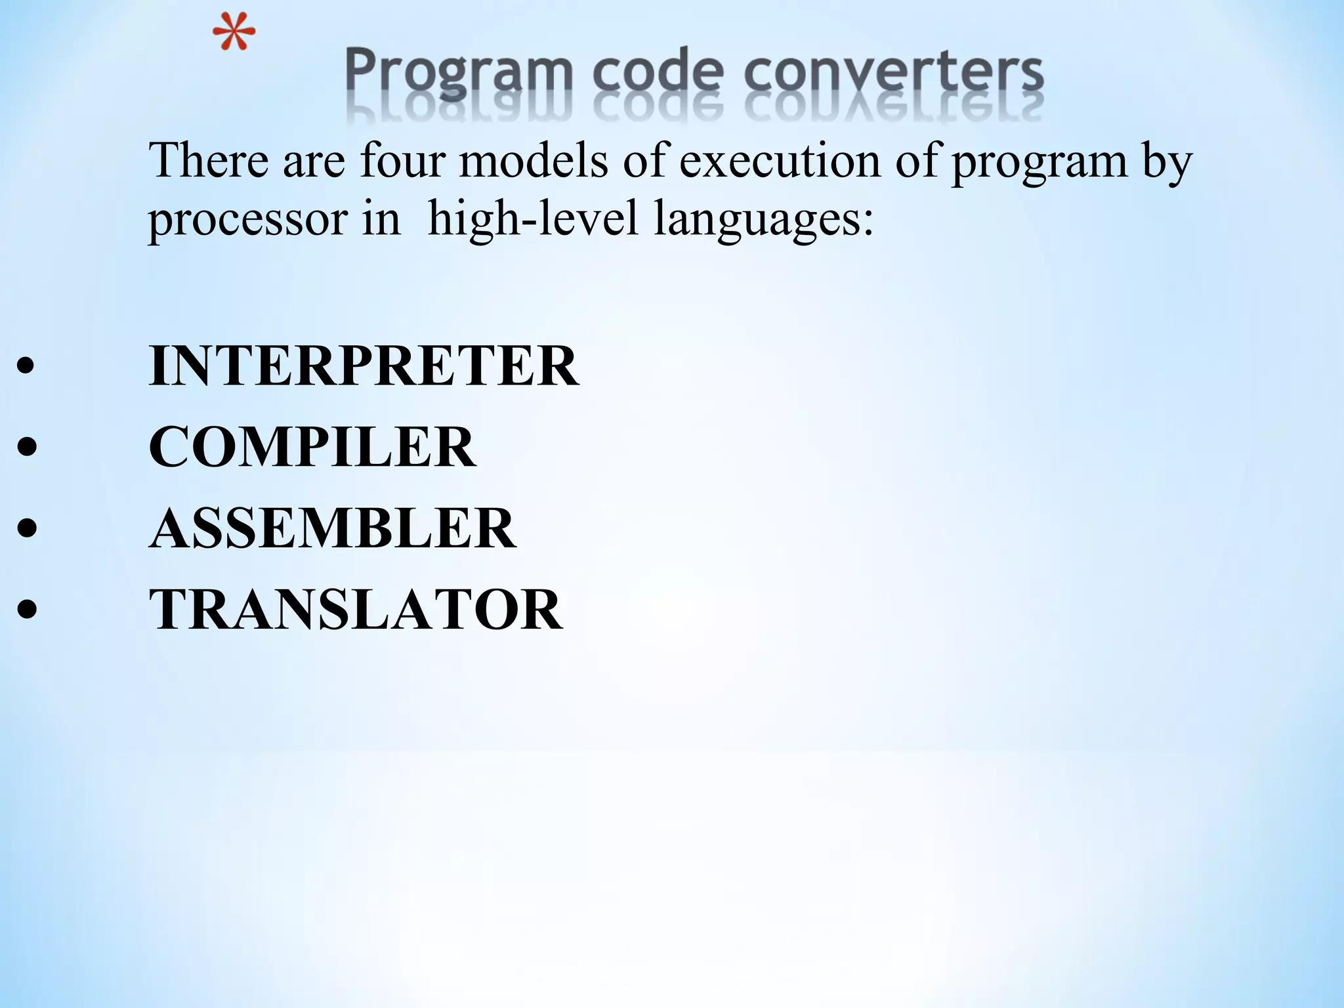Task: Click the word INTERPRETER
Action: (x=364, y=366)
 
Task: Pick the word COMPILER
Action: (x=312, y=447)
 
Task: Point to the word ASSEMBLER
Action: (x=333, y=528)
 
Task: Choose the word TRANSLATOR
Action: (x=356, y=610)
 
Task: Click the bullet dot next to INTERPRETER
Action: (x=26, y=367)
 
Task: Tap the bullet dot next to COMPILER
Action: (x=26, y=448)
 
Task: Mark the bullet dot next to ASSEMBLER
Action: (x=26, y=530)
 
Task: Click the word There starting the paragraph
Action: (x=209, y=160)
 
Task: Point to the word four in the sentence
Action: (x=402, y=160)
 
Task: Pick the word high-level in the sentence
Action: (x=532, y=219)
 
